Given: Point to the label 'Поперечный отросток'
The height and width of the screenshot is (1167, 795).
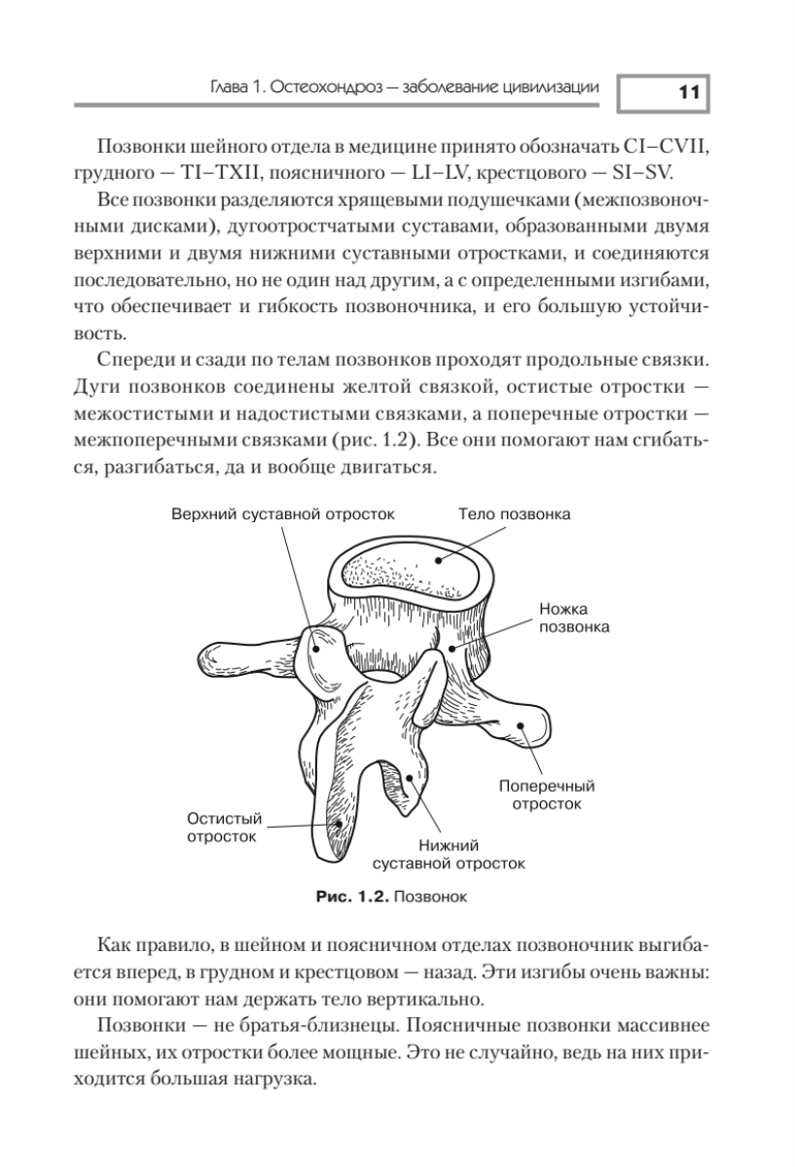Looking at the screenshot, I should [547, 795].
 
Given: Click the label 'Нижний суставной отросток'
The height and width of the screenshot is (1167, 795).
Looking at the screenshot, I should [449, 853].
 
